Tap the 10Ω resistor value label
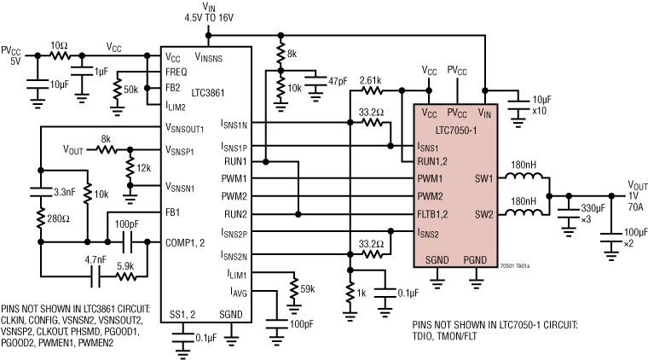[59, 44]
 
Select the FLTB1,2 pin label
[437, 212]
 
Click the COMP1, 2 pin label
[188, 243]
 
